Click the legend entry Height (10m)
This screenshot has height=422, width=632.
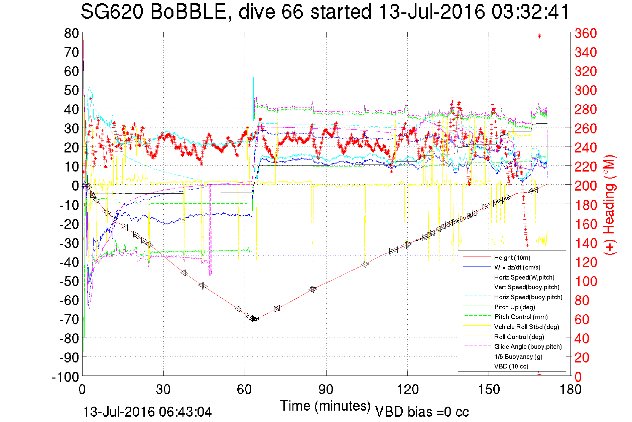pyautogui.click(x=512, y=257)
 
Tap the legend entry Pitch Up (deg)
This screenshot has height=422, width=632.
pyautogui.click(x=515, y=307)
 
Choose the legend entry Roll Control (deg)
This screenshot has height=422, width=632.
pyautogui.click(x=519, y=337)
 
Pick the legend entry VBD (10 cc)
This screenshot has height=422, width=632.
pyautogui.click(x=511, y=366)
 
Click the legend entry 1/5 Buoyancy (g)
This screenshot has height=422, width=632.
pyautogui.click(x=518, y=356)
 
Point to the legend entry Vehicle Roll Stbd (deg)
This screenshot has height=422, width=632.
pyautogui.click(x=526, y=327)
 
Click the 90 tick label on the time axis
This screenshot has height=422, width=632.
pyautogui.click(x=326, y=390)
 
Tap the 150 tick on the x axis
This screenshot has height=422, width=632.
pyautogui.click(x=489, y=390)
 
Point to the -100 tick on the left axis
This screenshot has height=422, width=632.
pyautogui.click(x=65, y=377)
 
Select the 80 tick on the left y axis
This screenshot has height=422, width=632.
pyautogui.click(x=71, y=33)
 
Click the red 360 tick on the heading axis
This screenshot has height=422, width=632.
pyautogui.click(x=586, y=33)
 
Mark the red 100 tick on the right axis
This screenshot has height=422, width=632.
pyautogui.click(x=586, y=281)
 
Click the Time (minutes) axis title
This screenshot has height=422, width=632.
pyautogui.click(x=325, y=406)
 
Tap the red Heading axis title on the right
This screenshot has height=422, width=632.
pyautogui.click(x=609, y=205)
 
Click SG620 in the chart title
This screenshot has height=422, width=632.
pyautogui.click(x=112, y=12)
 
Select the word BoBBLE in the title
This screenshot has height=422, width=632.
pyautogui.click(x=189, y=12)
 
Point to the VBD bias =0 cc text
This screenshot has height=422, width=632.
pyautogui.click(x=422, y=412)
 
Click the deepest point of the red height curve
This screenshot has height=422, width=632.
pyautogui.click(x=255, y=319)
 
